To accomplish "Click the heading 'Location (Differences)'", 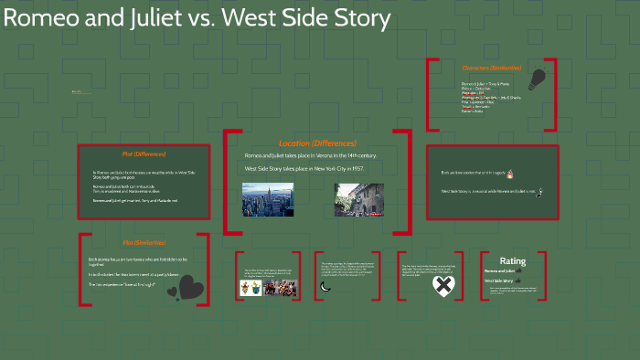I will click(317, 143).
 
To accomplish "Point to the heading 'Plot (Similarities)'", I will click(144, 243).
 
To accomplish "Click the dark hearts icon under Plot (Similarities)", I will click(190, 290).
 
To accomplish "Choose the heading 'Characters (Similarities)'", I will click(491, 68).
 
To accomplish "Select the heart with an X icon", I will click(443, 287).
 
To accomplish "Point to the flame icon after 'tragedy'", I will click(536, 173).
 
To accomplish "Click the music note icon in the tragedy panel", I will click(540, 192).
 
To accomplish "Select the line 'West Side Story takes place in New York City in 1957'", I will click(304, 169).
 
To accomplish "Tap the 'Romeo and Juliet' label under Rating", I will click(500, 271).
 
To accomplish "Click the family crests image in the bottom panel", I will click(251, 288).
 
